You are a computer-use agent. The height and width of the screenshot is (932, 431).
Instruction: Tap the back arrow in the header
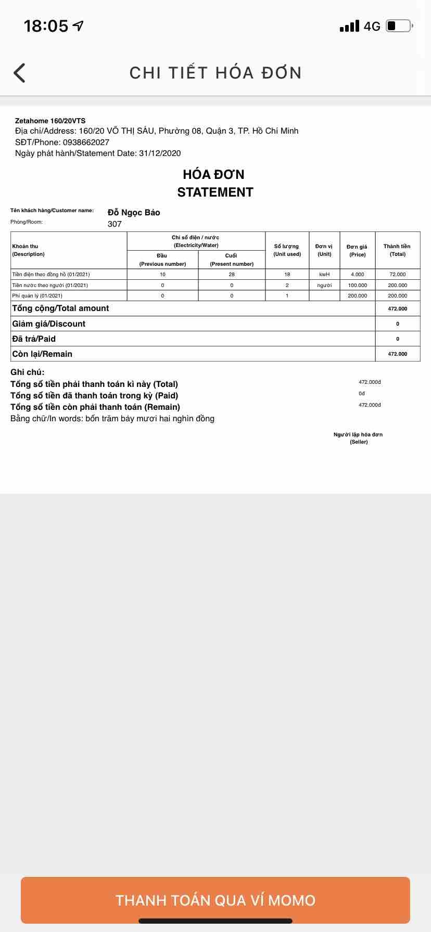point(20,73)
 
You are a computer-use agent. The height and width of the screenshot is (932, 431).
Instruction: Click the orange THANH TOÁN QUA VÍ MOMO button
point(215,900)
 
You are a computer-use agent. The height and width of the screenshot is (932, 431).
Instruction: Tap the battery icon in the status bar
point(399,26)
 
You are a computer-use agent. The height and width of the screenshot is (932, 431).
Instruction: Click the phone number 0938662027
point(86,142)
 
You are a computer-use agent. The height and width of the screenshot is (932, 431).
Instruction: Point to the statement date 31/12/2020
point(160,153)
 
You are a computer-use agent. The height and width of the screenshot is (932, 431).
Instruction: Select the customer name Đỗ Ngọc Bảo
point(134,212)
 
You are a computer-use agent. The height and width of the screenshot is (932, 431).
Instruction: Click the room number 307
point(115,224)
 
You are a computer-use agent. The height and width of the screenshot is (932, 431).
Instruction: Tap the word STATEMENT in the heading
point(215,192)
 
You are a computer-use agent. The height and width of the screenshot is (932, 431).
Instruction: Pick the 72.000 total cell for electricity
point(397,274)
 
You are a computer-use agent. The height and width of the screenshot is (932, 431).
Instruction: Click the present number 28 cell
point(232,274)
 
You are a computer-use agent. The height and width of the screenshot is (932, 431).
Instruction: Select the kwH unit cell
point(324,274)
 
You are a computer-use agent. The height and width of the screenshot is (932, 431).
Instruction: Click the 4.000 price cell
point(357,274)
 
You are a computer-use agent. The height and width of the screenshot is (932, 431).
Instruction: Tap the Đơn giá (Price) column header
point(357,251)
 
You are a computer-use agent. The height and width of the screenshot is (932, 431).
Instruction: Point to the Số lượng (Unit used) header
point(287,250)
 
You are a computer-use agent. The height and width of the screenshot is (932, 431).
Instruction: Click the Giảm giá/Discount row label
point(49,323)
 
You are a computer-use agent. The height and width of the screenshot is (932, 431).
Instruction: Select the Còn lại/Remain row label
point(42,354)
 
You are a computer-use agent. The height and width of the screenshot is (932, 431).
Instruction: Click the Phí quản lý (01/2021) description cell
point(37,295)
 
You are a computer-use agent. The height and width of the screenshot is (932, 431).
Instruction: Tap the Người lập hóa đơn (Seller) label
point(358,438)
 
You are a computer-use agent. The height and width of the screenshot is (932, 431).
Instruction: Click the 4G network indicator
point(372,26)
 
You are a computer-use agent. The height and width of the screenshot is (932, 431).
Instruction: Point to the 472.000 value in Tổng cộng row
point(397,308)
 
